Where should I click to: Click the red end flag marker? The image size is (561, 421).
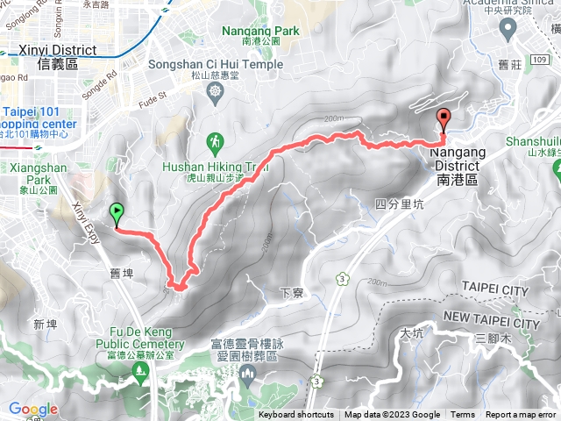[x=444, y=120]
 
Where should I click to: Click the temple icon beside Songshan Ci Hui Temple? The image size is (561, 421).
[x=216, y=90]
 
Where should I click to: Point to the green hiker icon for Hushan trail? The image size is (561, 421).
[x=216, y=140]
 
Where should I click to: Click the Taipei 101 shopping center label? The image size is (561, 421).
[x=39, y=118]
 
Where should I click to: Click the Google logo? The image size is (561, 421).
[x=33, y=409]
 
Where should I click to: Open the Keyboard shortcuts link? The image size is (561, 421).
[x=295, y=415]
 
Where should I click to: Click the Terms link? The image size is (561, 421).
[x=463, y=415]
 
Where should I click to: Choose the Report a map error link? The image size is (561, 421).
[x=522, y=415]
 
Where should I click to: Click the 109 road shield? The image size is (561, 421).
[x=541, y=60]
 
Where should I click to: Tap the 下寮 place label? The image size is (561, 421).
[x=291, y=293]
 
